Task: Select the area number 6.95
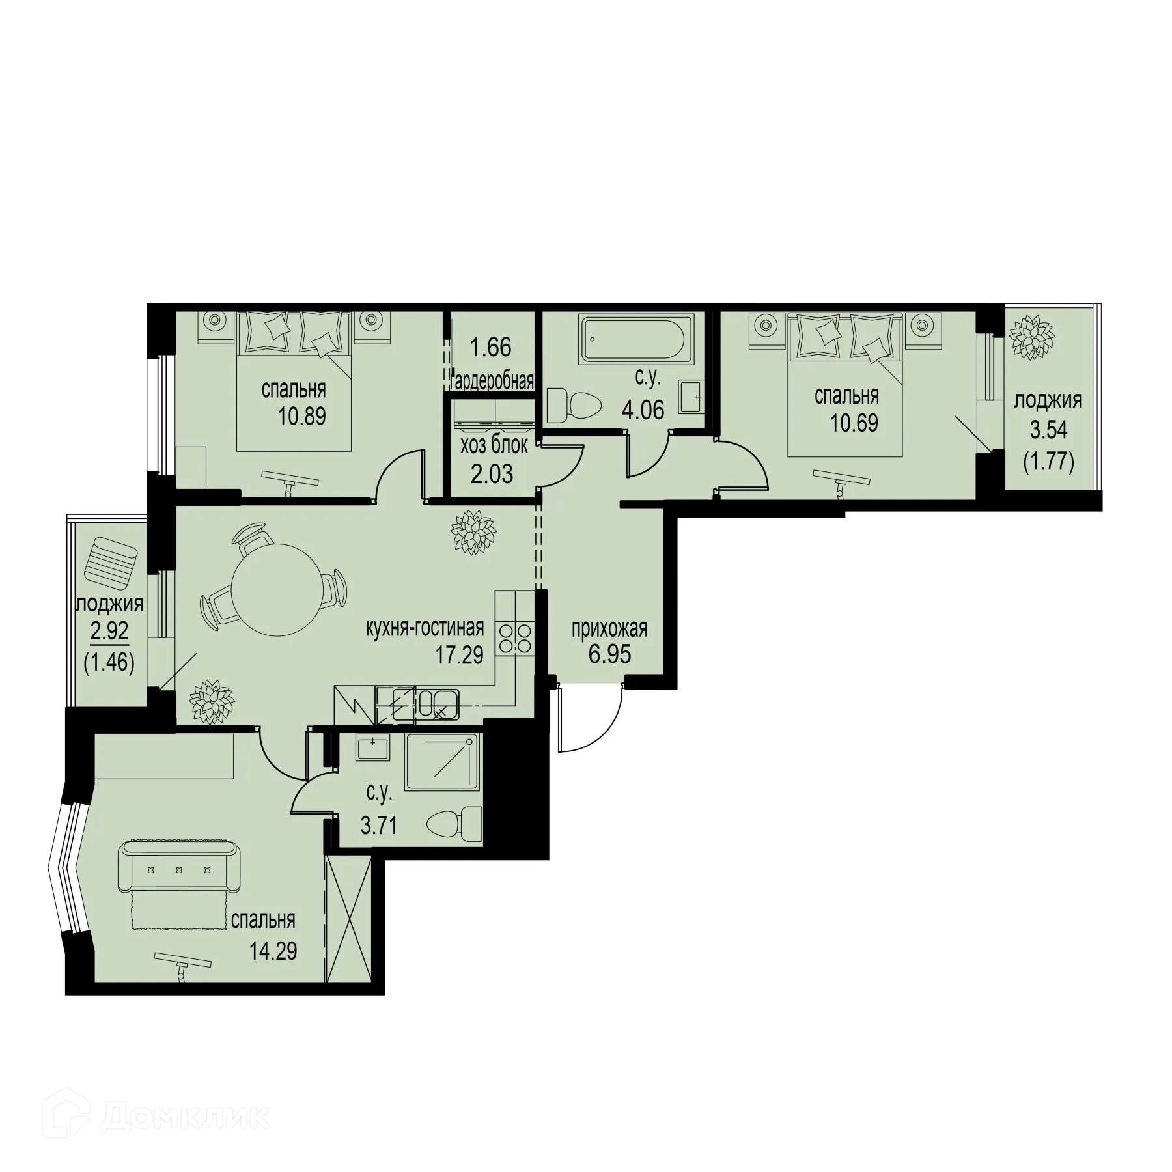tap(610, 654)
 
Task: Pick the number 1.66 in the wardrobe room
tap(491, 347)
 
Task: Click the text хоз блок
tap(494, 447)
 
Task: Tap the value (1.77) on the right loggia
tap(1048, 463)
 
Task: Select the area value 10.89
tap(301, 415)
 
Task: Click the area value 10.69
tap(854, 423)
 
